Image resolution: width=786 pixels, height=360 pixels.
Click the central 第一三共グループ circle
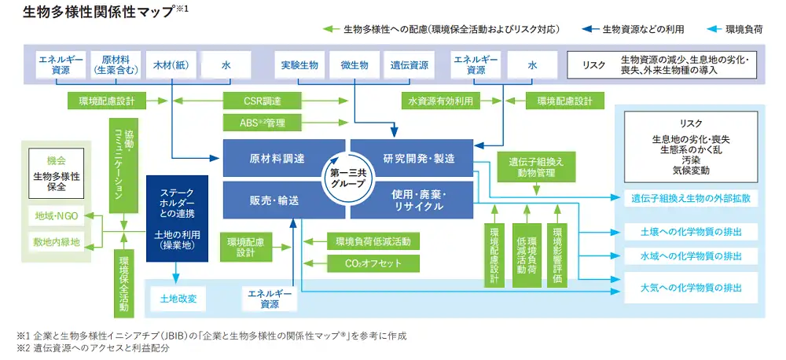point(348,179)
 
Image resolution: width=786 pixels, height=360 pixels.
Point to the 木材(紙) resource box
point(171,64)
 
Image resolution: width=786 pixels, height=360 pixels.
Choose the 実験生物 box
point(299,64)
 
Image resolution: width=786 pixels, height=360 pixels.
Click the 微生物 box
point(354,64)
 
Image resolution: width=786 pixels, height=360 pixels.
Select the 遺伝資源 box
point(410,64)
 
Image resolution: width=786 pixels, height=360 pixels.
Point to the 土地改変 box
point(183,299)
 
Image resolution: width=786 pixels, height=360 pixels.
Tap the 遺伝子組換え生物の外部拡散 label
point(689,199)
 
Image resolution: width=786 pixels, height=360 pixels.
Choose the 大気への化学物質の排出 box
point(689,288)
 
